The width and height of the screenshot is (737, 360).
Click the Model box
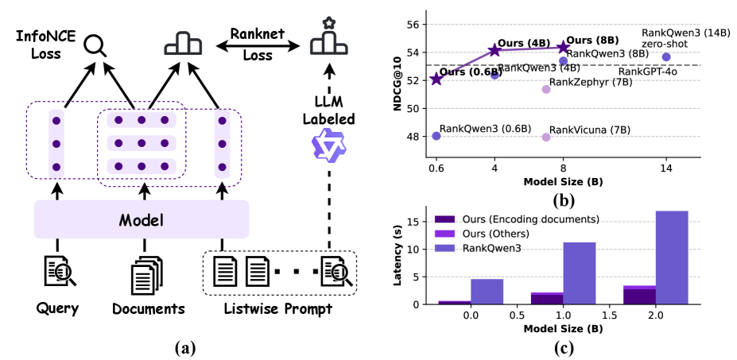[142, 219]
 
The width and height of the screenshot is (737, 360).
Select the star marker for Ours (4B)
[495, 50]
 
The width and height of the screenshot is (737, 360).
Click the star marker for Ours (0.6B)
[436, 79]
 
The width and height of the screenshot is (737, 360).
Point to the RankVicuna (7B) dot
[546, 137]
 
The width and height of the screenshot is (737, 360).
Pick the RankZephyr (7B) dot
[546, 89]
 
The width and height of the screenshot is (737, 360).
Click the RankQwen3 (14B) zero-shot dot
[666, 56]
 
